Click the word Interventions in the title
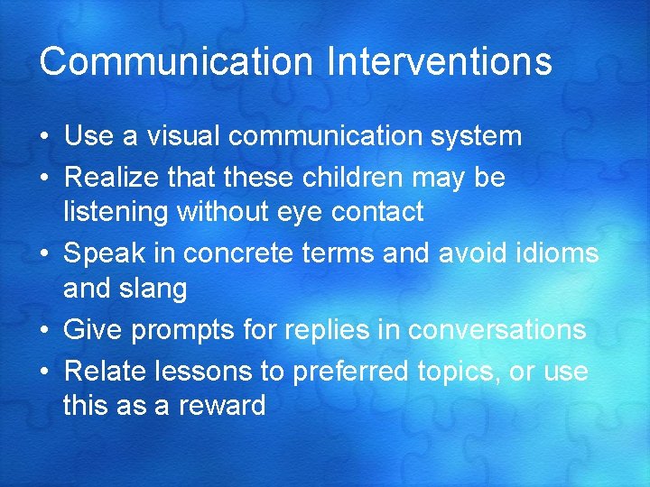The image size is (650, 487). (x=440, y=62)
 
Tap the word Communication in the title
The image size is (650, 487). (x=177, y=62)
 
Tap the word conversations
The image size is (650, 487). (x=497, y=331)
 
